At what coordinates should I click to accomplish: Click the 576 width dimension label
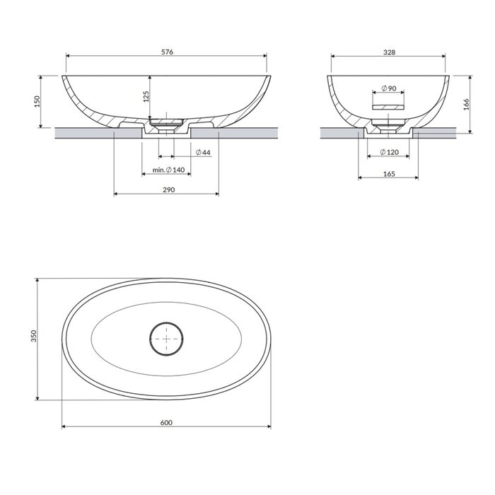[168, 52]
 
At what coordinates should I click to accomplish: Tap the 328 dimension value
[389, 52]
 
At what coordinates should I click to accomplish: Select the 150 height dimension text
[37, 101]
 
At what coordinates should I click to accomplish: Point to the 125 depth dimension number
[146, 97]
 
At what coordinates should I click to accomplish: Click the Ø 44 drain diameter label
[203, 153]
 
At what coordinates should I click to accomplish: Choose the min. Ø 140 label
[168, 170]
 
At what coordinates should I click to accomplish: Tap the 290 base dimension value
[168, 190]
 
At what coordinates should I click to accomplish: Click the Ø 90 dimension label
[389, 88]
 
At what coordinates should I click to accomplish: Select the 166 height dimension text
[466, 105]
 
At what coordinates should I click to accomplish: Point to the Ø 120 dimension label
[389, 152]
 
